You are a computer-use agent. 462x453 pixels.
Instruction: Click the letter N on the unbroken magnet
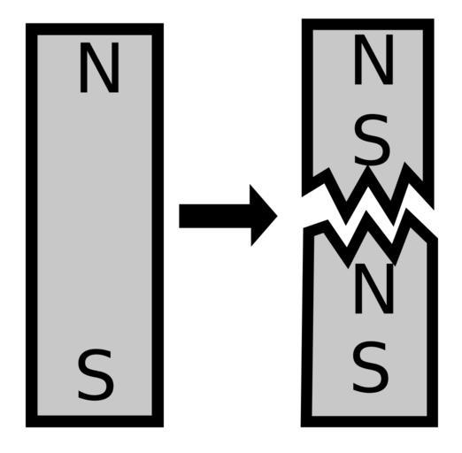(x=99, y=67)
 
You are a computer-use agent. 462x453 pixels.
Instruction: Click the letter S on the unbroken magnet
(x=96, y=375)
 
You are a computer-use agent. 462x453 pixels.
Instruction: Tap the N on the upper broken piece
(x=373, y=60)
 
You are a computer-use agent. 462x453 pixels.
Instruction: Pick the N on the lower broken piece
(x=373, y=289)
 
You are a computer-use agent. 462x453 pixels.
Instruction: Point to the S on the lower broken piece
(x=370, y=367)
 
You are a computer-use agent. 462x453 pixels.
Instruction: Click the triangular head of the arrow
(x=264, y=216)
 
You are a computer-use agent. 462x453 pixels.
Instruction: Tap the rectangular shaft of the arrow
(x=215, y=216)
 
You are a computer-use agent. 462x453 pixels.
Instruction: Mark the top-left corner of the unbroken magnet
(x=27, y=24)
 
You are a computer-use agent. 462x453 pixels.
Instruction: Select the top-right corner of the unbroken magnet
(x=163, y=24)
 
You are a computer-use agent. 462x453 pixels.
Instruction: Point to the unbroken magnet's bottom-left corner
(x=27, y=426)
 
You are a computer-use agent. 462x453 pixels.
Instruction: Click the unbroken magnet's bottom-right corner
(x=163, y=426)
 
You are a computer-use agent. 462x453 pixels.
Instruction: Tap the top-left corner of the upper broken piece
(x=302, y=19)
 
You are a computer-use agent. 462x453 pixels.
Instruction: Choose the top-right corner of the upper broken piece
(x=434, y=19)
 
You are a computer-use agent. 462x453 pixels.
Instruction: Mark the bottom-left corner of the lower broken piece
(x=301, y=426)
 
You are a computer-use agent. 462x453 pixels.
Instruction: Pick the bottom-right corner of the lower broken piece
(x=437, y=426)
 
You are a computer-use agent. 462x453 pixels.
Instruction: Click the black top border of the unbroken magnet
(x=95, y=29)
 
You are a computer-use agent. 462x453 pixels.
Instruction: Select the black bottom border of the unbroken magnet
(x=95, y=421)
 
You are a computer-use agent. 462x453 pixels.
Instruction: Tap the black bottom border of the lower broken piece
(x=369, y=421)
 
